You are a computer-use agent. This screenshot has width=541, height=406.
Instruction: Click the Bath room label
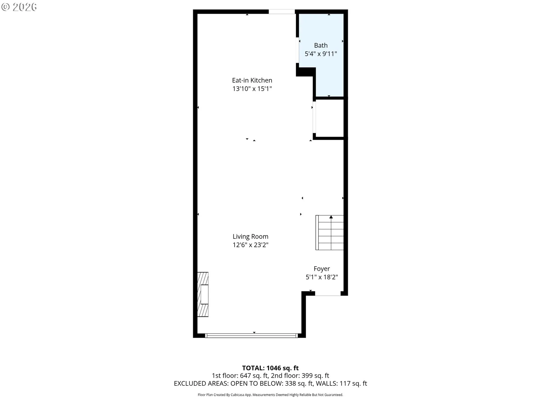(x=321, y=45)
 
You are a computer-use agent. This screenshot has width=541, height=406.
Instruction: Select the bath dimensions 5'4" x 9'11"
(x=321, y=54)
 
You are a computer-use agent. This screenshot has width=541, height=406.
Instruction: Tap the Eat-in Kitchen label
(x=252, y=80)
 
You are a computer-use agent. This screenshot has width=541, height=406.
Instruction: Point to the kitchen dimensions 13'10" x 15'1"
(x=252, y=89)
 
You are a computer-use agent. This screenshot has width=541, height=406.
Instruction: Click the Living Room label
(x=250, y=237)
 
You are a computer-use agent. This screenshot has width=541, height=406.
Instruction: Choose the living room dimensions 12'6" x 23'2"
(x=250, y=245)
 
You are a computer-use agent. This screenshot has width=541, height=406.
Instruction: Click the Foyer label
(x=322, y=269)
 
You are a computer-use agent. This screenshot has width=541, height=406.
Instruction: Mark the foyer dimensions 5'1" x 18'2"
(x=322, y=277)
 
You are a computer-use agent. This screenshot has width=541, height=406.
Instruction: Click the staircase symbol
(x=329, y=233)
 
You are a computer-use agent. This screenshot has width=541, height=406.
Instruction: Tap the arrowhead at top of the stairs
(x=331, y=217)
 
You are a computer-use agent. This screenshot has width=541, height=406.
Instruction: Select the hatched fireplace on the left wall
(x=203, y=294)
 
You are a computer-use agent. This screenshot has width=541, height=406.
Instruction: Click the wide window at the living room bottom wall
(x=251, y=336)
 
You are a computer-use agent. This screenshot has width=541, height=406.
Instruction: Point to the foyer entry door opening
(x=328, y=294)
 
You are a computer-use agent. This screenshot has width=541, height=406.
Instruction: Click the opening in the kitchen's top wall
(x=281, y=12)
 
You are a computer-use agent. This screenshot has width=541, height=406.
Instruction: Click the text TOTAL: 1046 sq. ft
(x=270, y=368)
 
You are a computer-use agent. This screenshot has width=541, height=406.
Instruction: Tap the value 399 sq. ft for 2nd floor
(x=315, y=376)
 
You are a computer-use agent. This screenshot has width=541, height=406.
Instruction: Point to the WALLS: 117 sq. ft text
(x=341, y=383)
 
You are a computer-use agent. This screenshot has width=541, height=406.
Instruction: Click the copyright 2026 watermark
(x=19, y=7)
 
